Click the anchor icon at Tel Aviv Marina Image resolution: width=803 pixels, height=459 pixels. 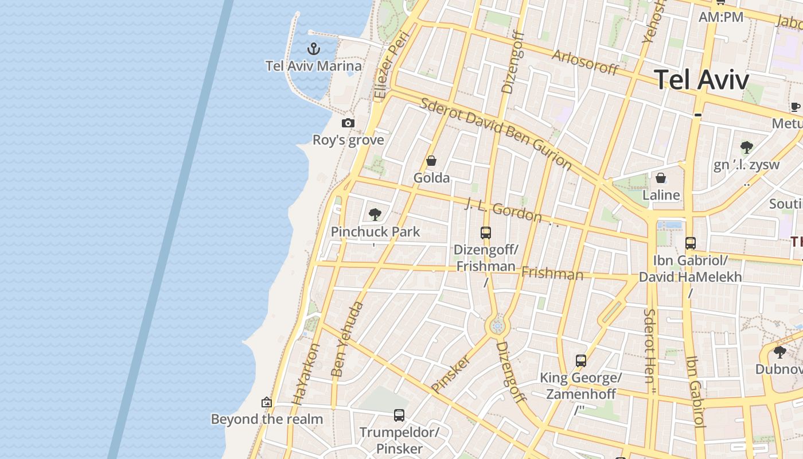tap(313, 48)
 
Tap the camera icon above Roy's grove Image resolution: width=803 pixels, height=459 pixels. tap(348, 123)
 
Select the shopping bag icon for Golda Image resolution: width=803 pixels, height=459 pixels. tap(431, 161)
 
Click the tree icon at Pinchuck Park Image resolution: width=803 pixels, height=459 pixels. tap(375, 215)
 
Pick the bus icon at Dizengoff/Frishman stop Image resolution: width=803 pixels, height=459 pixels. tap(486, 232)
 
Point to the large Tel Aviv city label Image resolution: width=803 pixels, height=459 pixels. tap(701, 79)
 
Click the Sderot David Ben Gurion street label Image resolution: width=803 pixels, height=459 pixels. tap(496, 134)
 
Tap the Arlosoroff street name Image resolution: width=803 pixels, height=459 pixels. tap(585, 62)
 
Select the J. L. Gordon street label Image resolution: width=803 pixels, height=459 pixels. tap(503, 210)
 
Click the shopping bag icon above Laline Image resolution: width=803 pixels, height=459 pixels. tap(661, 178)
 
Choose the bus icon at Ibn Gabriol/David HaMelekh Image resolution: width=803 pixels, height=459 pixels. tap(691, 243)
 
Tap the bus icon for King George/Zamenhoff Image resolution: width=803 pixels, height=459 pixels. tap(581, 360)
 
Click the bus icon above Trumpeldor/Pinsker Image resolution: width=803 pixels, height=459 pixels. tap(399, 415)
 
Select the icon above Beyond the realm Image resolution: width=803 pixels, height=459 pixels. tap(266, 402)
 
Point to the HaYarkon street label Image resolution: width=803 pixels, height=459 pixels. tap(306, 374)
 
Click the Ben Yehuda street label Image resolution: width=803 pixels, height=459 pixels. tap(348, 340)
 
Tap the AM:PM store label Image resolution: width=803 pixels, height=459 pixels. tap(720, 17)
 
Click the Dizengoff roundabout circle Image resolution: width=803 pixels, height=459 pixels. tap(497, 326)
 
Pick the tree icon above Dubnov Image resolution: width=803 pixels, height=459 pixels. tap(779, 352)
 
